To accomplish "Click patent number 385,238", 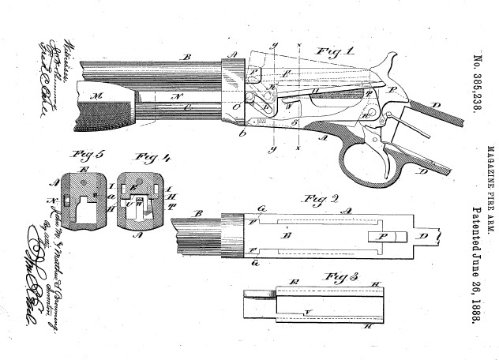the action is pos(476,86).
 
